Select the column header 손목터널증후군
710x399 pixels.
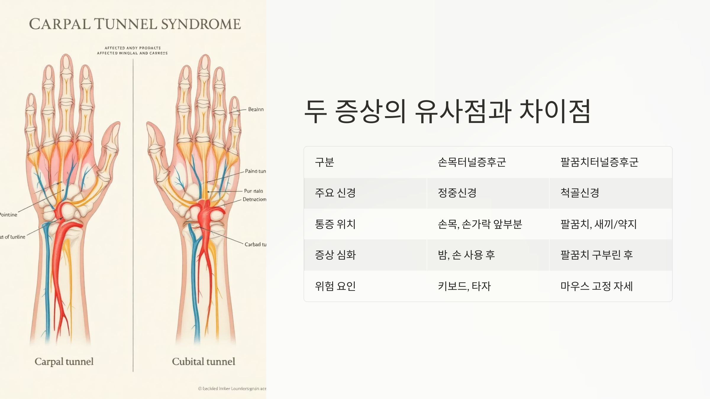point(472,162)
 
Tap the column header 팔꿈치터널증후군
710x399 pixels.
point(599,162)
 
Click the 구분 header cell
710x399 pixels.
point(325,162)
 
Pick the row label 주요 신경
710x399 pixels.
point(335,193)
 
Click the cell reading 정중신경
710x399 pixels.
point(457,193)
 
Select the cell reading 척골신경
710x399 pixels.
point(580,193)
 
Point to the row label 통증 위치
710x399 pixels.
point(335,224)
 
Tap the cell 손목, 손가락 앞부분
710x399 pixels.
point(480,224)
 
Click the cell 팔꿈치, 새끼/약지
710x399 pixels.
point(598,224)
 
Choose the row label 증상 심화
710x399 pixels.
point(335,255)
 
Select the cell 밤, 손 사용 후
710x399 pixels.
point(466,255)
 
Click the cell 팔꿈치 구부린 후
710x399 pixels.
point(597,255)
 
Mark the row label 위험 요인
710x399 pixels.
point(335,286)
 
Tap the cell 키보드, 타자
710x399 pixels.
point(464,286)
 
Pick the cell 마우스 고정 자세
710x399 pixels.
point(597,286)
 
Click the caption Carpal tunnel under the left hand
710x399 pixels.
point(64,361)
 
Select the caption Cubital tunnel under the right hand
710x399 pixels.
point(204,361)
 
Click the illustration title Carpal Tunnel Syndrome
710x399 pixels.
point(135,24)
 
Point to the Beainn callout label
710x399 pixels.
point(256,109)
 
